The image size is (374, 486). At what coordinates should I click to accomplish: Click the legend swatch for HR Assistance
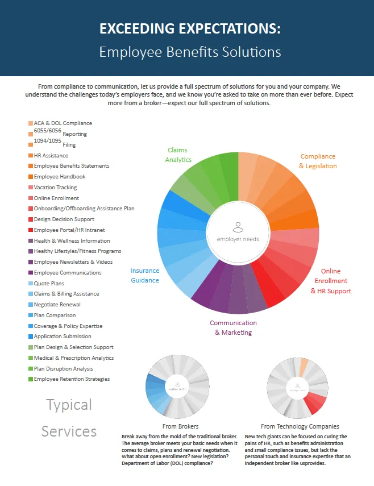30,155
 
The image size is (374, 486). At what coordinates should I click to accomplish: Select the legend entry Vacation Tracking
55,187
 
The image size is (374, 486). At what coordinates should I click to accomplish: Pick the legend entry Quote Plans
49,283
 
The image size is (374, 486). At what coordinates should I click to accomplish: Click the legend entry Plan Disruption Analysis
63,368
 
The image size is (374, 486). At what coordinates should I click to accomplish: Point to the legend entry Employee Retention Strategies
72,379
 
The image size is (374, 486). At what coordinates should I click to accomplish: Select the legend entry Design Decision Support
64,219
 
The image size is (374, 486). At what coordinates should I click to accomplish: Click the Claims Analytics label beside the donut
178,155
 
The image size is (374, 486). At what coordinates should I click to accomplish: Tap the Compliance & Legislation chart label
318,161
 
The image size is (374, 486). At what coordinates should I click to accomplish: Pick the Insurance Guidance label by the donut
144,275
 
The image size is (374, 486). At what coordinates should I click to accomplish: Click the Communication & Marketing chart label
233,327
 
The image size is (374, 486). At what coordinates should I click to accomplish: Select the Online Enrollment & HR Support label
331,281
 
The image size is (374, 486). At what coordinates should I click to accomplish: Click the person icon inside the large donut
238,227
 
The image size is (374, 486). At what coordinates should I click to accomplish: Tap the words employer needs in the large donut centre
238,239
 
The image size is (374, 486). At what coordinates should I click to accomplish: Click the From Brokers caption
180,426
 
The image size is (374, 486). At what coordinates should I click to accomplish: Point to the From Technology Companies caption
300,426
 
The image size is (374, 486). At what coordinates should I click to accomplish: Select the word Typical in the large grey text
69,405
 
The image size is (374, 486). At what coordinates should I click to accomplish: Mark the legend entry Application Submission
62,337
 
